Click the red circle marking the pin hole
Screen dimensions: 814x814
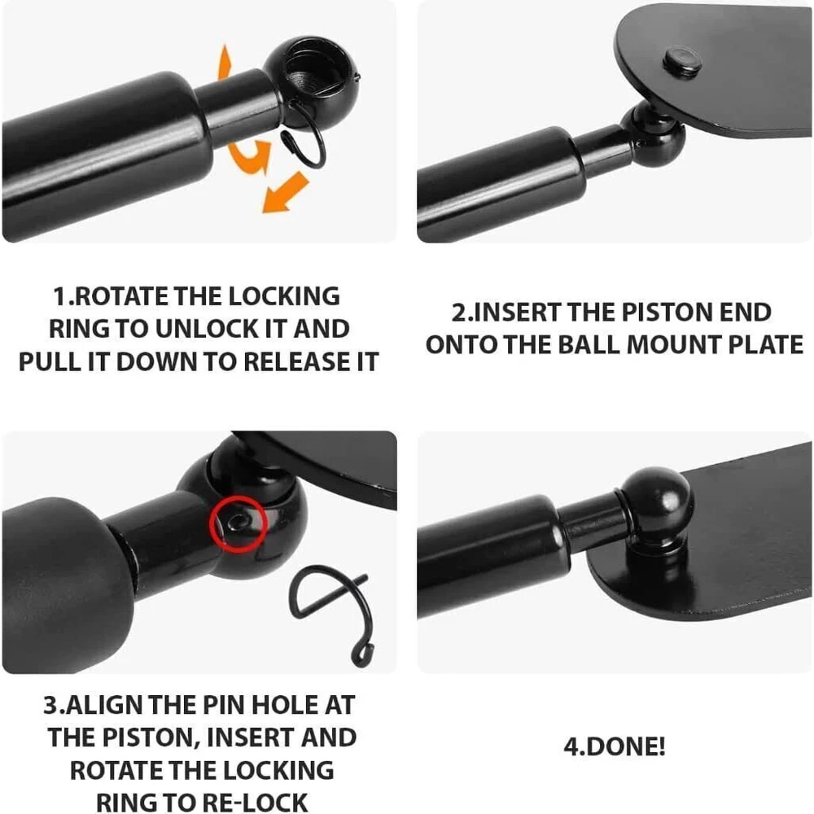pos(239,523)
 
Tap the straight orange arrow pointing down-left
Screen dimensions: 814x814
pos(285,193)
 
